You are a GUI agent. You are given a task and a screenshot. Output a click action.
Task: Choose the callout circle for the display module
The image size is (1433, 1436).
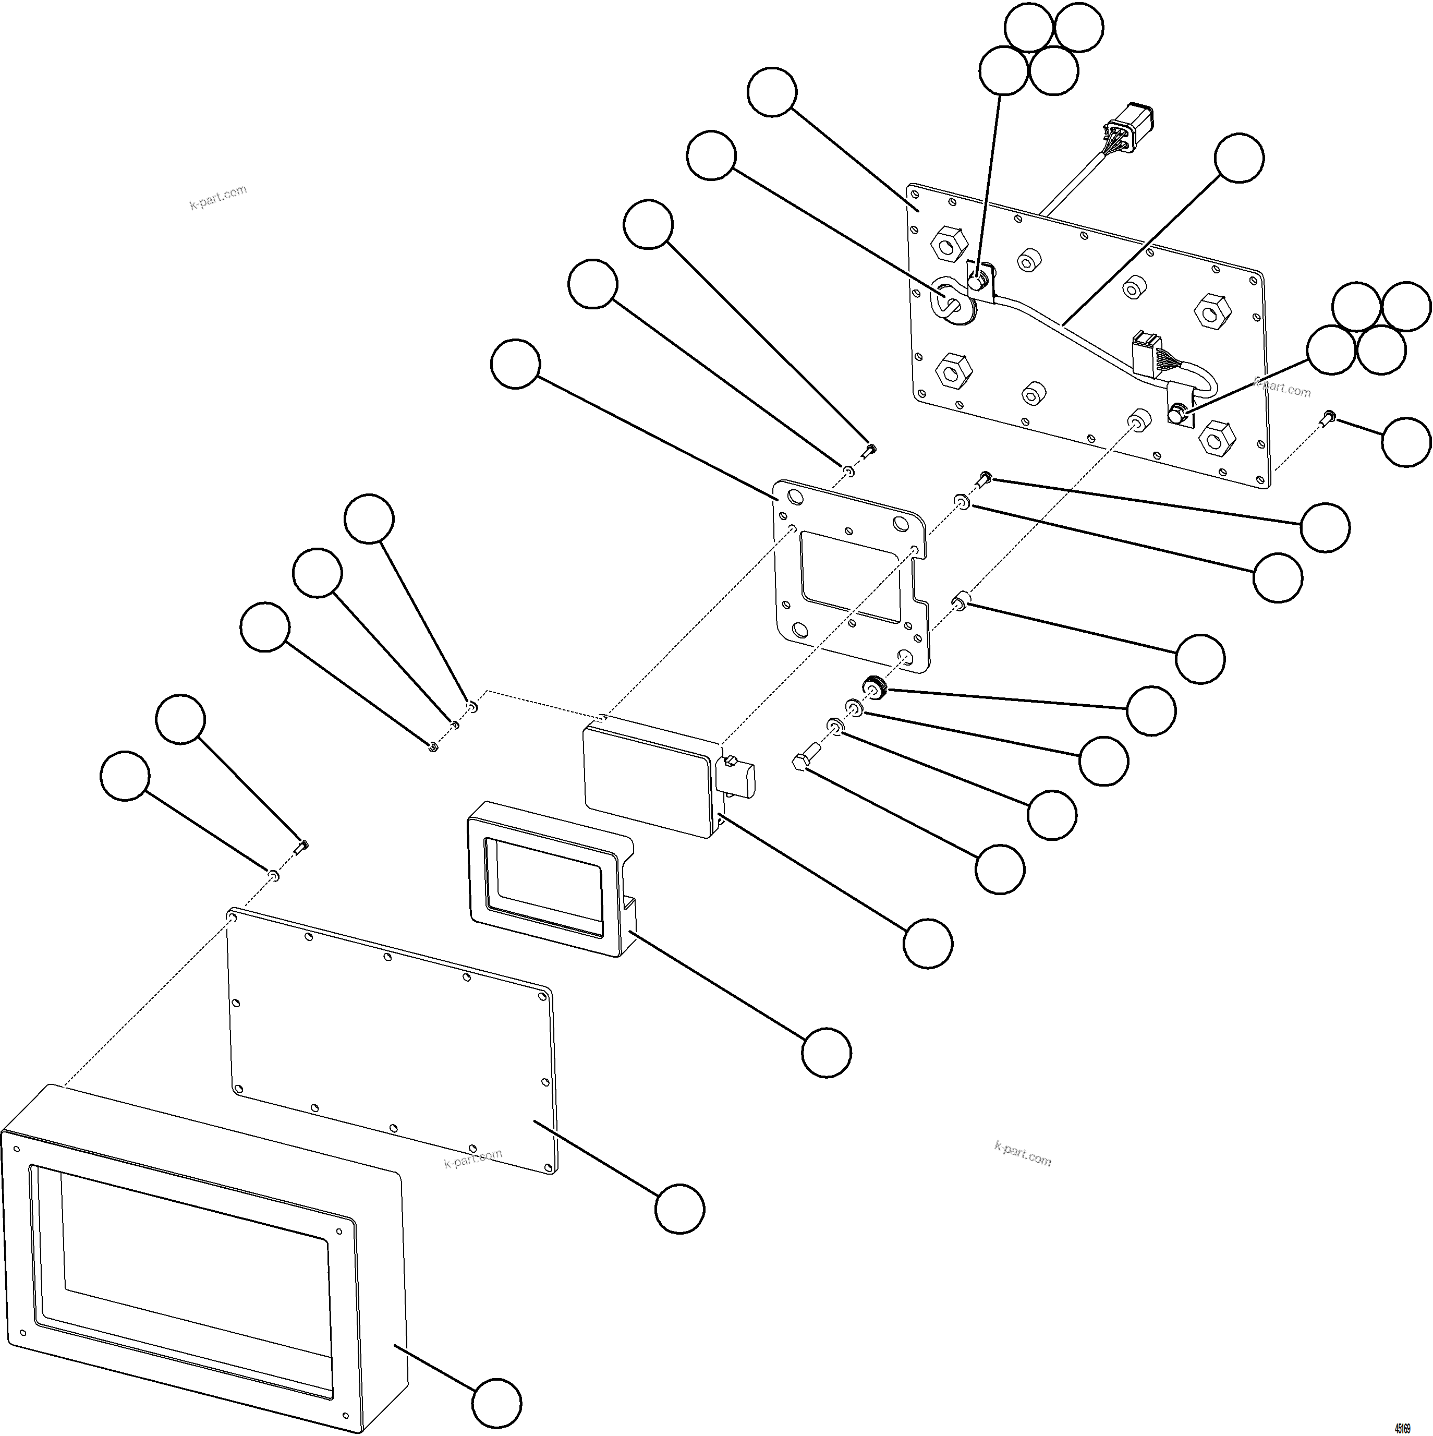point(928,943)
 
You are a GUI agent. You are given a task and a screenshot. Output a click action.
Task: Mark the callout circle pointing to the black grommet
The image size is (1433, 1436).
point(1150,711)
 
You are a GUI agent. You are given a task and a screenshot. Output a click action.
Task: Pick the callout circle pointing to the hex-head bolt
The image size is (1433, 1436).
point(1000,869)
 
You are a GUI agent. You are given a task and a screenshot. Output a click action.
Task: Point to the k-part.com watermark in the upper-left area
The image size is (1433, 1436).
point(218,197)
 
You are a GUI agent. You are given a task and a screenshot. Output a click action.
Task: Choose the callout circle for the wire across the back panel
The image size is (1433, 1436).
point(1238,158)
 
